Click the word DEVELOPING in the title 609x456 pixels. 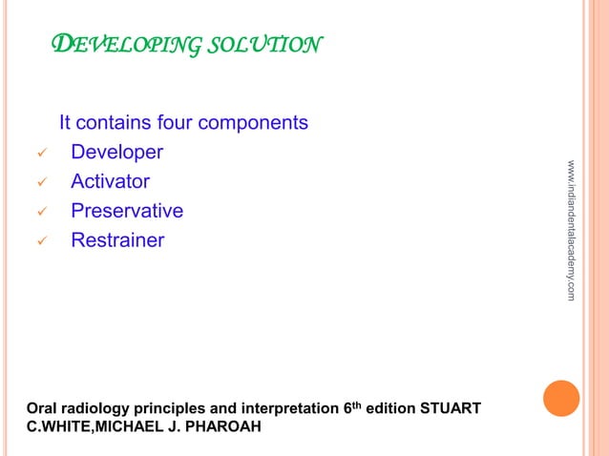[x=116, y=45]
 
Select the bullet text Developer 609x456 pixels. [x=116, y=153]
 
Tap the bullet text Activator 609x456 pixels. [x=110, y=181]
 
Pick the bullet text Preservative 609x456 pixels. [x=127, y=211]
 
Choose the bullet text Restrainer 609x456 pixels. [x=117, y=240]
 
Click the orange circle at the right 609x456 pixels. [x=562, y=399]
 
